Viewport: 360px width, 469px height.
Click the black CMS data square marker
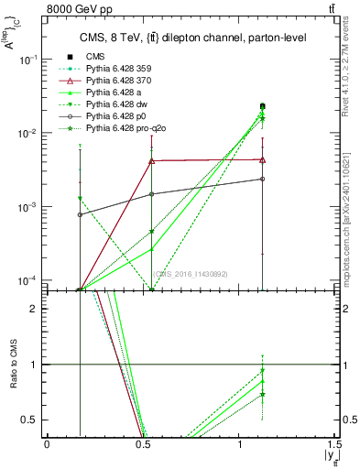click(x=263, y=106)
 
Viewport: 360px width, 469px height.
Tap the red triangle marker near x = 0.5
click(x=152, y=161)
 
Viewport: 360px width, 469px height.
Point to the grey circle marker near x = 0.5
click(x=152, y=194)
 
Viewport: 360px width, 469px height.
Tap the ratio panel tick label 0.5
click(x=31, y=420)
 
